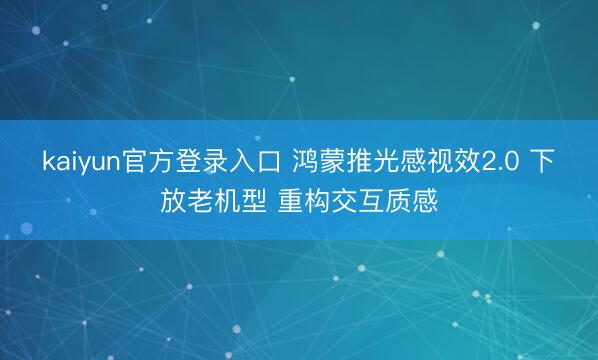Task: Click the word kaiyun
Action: coord(81,161)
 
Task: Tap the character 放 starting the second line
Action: coord(173,196)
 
